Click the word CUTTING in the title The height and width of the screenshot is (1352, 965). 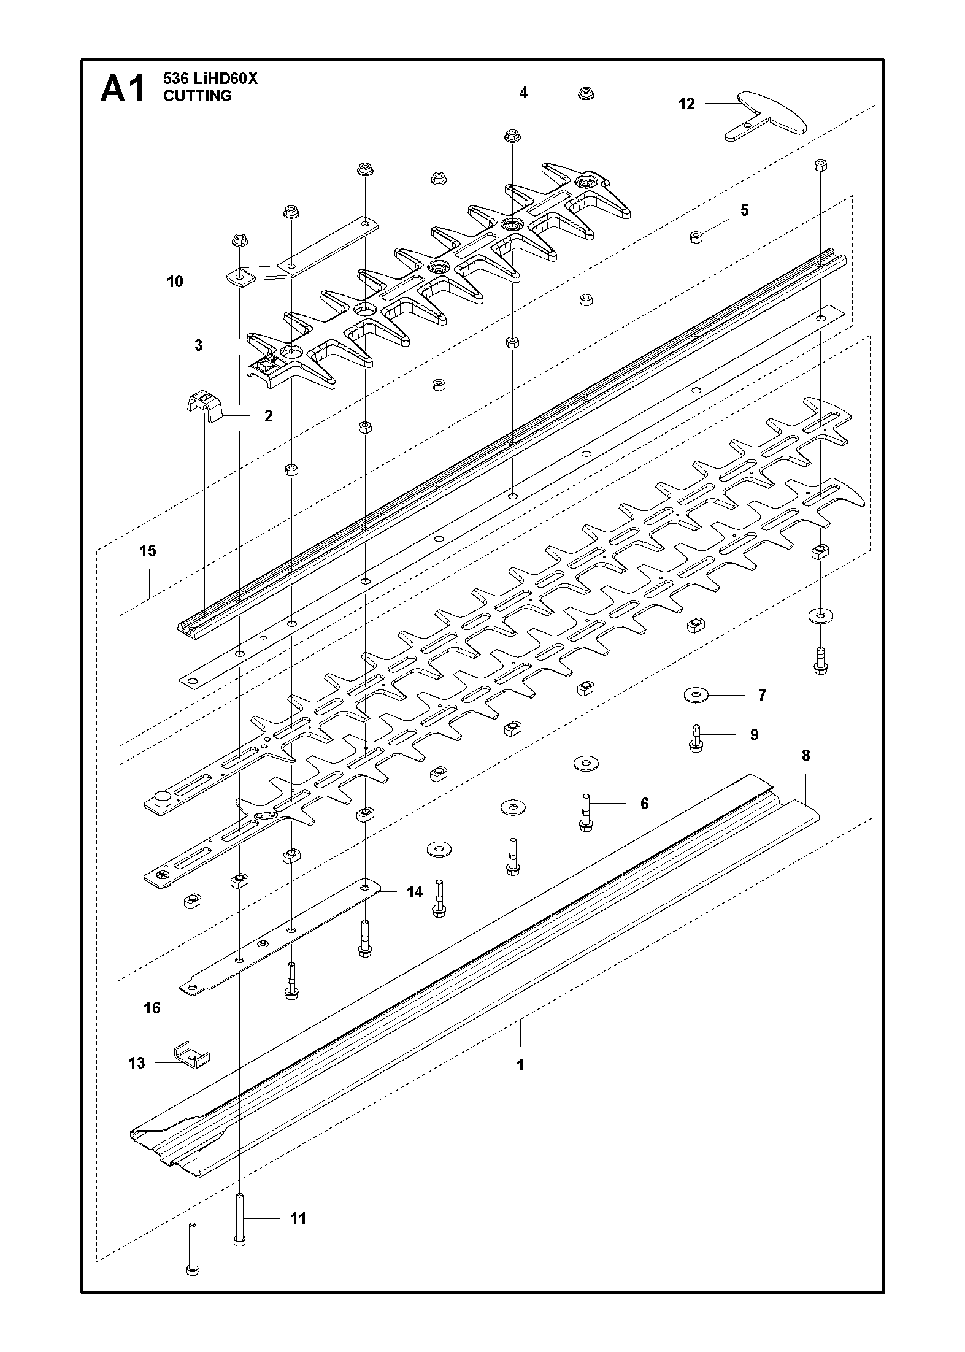[198, 96]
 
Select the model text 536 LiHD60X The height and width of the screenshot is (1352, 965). [211, 79]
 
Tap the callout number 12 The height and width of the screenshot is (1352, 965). [686, 104]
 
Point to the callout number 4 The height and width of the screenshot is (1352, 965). [523, 93]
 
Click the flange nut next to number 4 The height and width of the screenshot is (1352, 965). [585, 94]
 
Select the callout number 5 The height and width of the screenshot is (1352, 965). [745, 210]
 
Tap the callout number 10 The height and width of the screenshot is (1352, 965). [175, 282]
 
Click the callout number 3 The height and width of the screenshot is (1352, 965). [198, 345]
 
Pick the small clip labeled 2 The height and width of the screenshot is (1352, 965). [204, 405]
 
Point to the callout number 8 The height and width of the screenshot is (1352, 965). [805, 756]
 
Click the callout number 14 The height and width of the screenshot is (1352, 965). [415, 892]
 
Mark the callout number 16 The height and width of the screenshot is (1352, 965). [152, 1007]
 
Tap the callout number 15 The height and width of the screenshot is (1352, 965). [147, 551]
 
